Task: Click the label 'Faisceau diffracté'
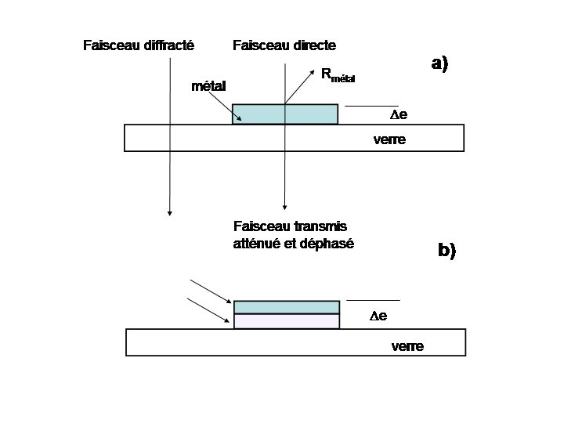(x=138, y=45)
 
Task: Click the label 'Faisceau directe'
(x=284, y=45)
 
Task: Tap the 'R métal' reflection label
(x=343, y=75)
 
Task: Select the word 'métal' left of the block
(x=208, y=86)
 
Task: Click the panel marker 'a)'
(x=439, y=64)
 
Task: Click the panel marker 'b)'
(x=446, y=251)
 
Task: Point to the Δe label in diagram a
(x=399, y=115)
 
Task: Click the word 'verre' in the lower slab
(x=407, y=346)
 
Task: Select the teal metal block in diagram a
(x=285, y=114)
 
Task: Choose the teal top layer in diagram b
(x=287, y=307)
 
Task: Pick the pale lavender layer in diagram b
(x=287, y=321)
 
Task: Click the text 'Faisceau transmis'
(x=289, y=226)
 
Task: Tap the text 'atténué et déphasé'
(x=293, y=244)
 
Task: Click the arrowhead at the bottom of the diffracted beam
(x=169, y=211)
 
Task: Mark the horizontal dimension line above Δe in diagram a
(x=371, y=105)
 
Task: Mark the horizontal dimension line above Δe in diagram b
(x=373, y=300)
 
